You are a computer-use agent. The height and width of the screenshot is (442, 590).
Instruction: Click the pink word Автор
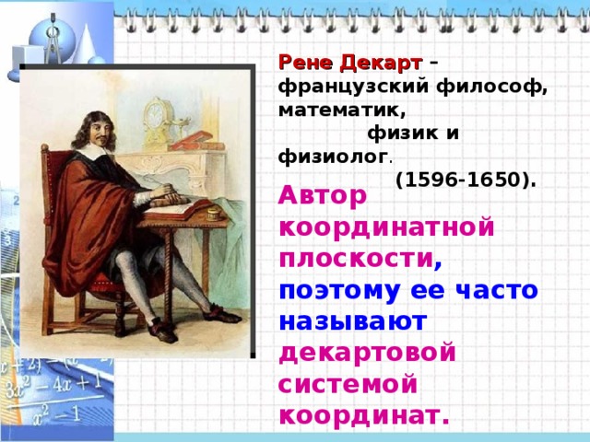[x=324, y=195]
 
